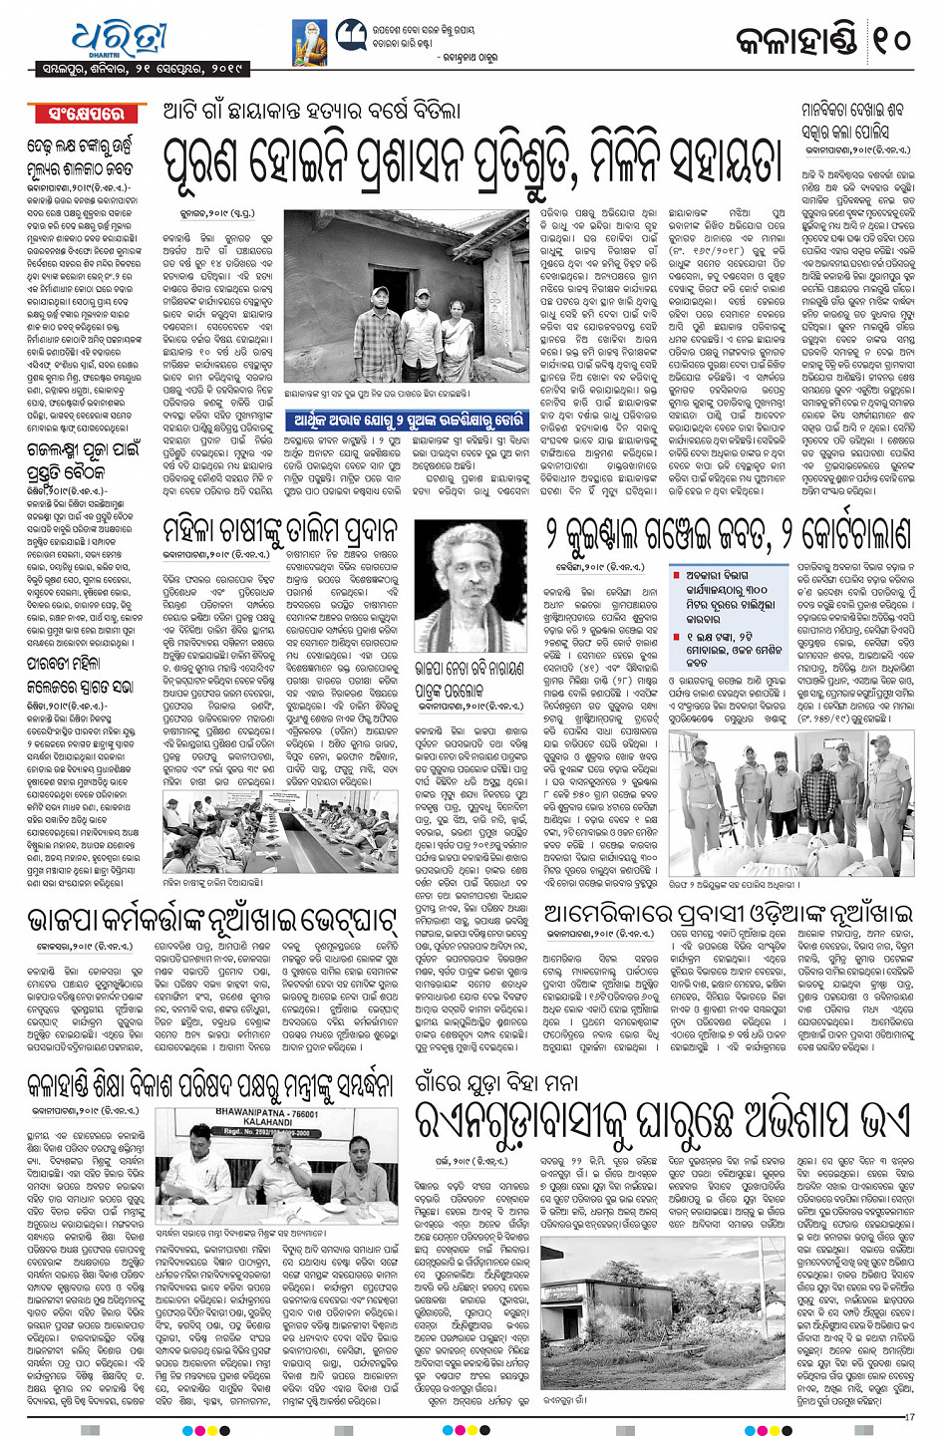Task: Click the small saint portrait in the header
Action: pyautogui.click(x=309, y=43)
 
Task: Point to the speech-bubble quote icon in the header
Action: pyautogui.click(x=350, y=36)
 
